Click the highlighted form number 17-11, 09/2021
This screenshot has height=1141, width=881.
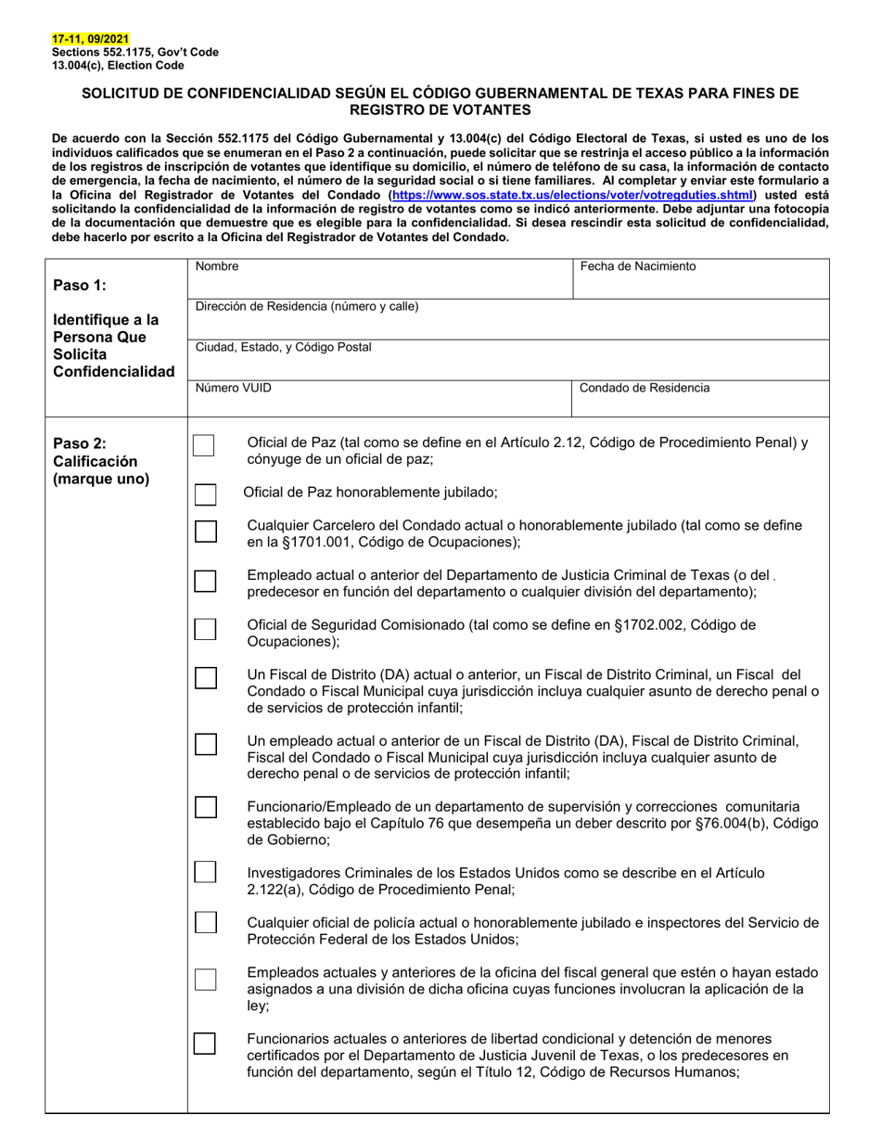coord(91,39)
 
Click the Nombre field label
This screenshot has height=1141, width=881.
coord(216,266)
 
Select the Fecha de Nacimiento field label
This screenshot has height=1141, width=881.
coord(637,266)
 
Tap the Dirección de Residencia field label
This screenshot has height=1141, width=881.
coord(306,306)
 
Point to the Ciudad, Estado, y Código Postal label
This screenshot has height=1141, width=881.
coord(283,347)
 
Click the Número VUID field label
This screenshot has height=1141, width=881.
coord(233,388)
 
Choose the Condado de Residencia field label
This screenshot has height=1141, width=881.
coord(645,388)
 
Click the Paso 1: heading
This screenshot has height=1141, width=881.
coord(80,285)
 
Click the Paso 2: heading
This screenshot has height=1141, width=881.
coord(80,442)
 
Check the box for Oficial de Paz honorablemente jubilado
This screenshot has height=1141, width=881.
coord(205,494)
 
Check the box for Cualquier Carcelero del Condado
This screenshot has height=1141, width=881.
coord(205,532)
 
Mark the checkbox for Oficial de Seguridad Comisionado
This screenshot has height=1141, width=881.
coord(205,630)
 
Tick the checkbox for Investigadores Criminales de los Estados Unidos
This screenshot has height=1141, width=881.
coord(205,873)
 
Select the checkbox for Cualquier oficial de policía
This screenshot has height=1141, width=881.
coord(205,923)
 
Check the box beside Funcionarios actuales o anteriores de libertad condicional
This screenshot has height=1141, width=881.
coord(205,1044)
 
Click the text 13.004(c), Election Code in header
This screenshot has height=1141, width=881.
coord(118,66)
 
